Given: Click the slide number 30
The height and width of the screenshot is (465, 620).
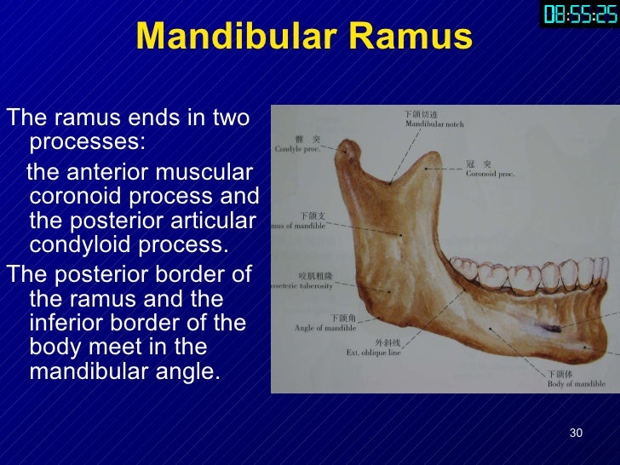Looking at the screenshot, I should [576, 433].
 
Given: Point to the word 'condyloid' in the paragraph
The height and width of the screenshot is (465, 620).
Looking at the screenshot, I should [72, 246].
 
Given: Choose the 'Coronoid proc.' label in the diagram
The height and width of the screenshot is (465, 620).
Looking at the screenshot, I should [491, 173].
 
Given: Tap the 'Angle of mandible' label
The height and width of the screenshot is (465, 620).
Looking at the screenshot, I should [324, 327].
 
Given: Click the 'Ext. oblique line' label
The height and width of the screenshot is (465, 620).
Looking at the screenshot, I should [374, 352].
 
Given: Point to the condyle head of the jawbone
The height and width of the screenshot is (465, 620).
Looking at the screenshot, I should [345, 153].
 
